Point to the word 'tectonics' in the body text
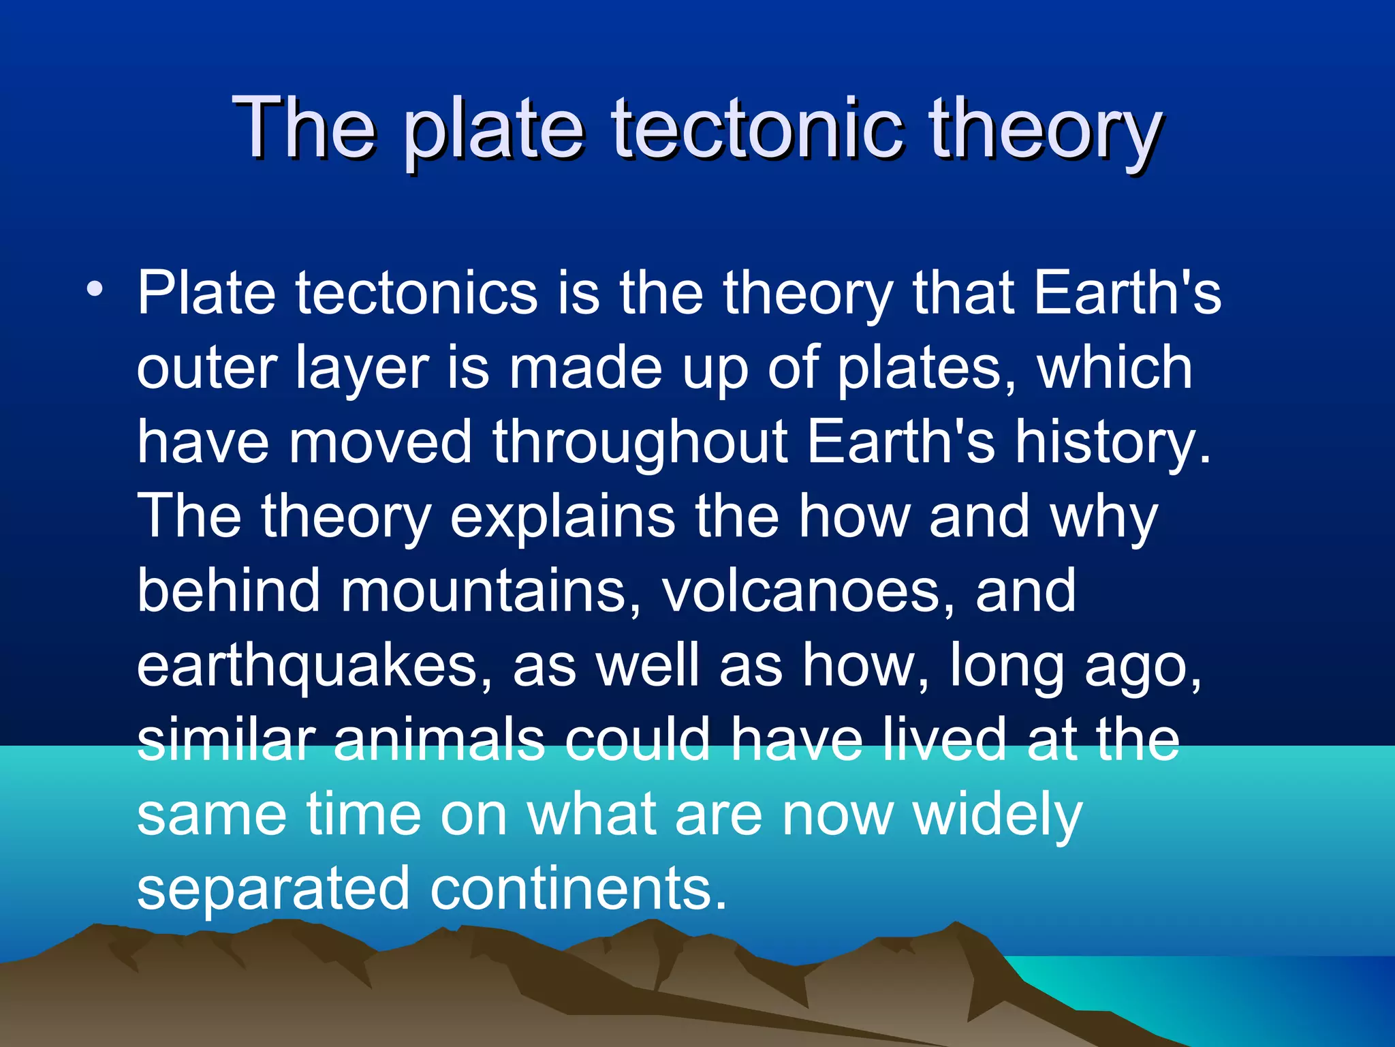416,293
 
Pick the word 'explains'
563,517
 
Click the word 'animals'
439,740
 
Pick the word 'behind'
228,590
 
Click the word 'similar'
225,740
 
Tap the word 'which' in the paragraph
1115,368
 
